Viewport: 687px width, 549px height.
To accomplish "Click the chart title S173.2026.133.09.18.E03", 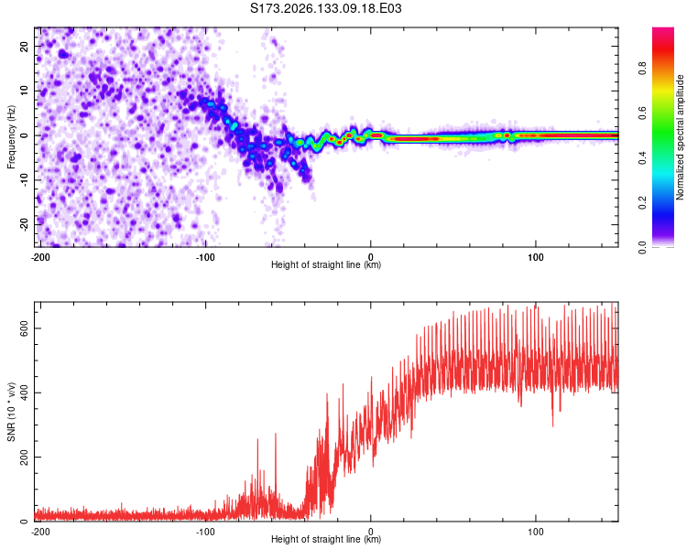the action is [x=325, y=8].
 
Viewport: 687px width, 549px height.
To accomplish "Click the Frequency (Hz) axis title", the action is [x=11, y=137].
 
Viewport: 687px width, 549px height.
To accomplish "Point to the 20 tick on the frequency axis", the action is [x=24, y=47].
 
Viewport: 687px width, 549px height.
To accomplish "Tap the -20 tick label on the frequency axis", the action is [x=24, y=225].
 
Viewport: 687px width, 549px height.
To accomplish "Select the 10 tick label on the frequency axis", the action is [x=24, y=91].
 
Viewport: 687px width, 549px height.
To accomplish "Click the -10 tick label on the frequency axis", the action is [x=24, y=180].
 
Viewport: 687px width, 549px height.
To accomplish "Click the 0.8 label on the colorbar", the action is [x=642, y=69].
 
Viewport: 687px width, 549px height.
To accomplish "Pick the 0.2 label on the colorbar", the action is [x=642, y=203].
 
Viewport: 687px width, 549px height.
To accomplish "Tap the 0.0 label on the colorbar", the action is [x=642, y=247].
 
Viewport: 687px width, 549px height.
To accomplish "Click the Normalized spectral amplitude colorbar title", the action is [x=680, y=137].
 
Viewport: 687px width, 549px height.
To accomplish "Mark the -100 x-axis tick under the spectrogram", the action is [x=205, y=257].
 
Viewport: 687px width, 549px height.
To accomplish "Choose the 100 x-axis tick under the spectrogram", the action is [x=536, y=257].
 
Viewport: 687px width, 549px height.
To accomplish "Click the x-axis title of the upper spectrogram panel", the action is [x=326, y=264].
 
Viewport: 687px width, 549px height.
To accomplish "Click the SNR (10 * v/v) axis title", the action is [x=11, y=412].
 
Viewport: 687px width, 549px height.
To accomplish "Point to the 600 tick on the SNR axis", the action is [x=24, y=328].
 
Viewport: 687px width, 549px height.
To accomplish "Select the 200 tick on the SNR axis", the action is [x=24, y=457].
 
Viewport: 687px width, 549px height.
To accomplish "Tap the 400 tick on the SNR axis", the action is [x=24, y=393].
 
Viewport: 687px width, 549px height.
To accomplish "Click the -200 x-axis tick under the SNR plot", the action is [x=40, y=532].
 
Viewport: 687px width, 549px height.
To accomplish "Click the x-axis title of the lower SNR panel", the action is [x=326, y=539].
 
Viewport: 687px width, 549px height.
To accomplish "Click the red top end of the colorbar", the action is [x=663, y=30].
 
